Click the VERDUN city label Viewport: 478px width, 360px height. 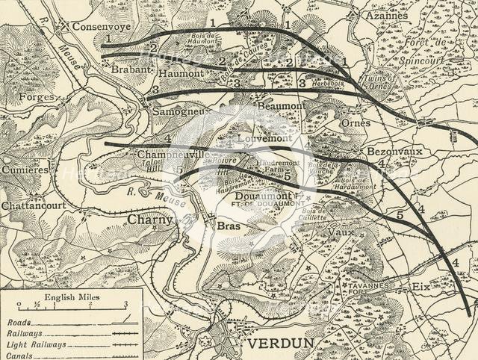coord(281,344)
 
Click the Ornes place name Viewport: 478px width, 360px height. coord(354,122)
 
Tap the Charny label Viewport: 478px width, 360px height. coord(149,220)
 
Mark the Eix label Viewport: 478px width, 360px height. coord(421,286)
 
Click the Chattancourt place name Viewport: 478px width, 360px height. coord(34,204)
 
